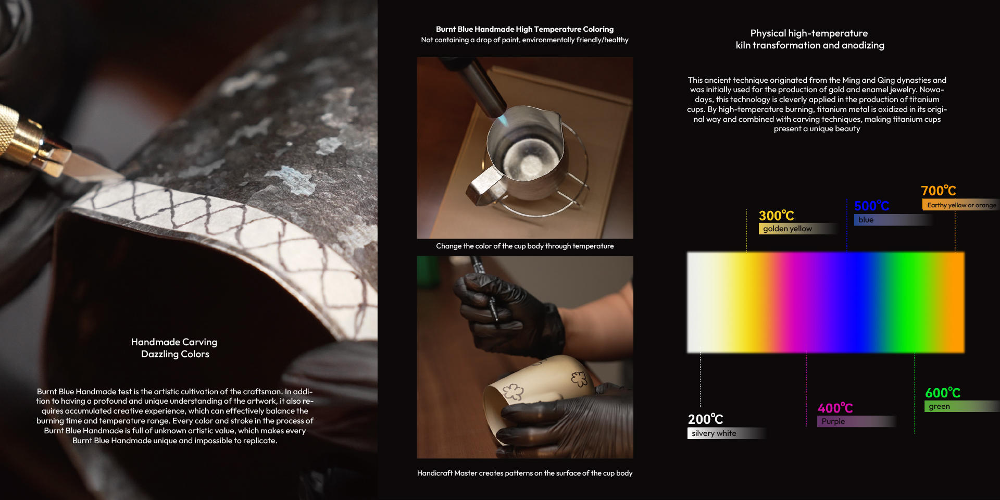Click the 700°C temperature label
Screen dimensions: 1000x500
coord(938,191)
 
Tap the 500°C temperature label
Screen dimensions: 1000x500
coord(871,206)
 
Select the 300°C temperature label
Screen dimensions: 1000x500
coord(776,216)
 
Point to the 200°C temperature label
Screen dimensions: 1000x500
coord(705,419)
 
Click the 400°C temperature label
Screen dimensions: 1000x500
coord(835,408)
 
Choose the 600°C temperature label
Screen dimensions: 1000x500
coord(943,393)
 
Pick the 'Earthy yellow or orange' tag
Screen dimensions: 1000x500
coord(961,205)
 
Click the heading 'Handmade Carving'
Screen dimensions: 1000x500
coord(174,342)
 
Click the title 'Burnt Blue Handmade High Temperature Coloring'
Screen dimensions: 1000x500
coord(524,29)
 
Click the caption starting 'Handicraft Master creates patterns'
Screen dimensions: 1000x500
coord(524,473)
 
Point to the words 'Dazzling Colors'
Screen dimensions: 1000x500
coord(175,354)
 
